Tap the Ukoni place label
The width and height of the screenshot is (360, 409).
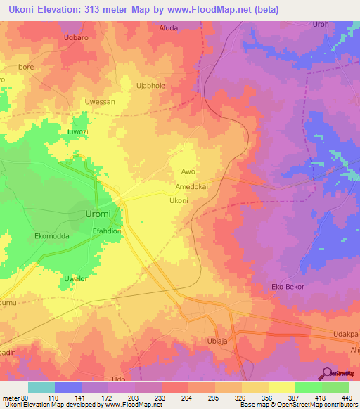coord(179,201)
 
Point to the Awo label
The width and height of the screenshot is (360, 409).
coord(188,171)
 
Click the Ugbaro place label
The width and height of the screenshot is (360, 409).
coord(76,37)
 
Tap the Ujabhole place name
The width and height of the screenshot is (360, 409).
coord(150,85)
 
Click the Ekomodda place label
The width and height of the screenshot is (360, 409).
coord(52,236)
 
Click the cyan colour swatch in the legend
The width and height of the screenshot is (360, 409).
coord(41,387)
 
